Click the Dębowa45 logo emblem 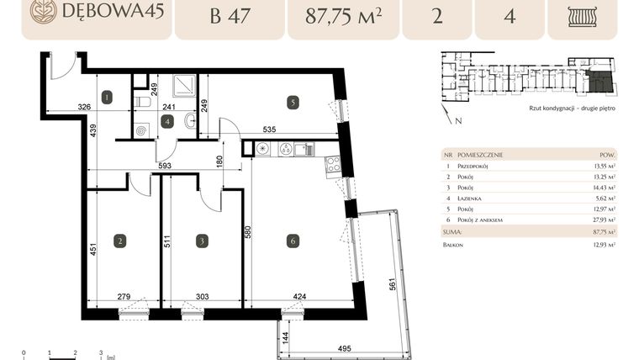[x=43, y=11]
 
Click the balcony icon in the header [x=582, y=16]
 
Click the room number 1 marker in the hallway [x=107, y=98]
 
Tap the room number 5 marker [x=292, y=103]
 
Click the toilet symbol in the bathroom [x=143, y=103]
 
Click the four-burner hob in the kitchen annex [x=332, y=163]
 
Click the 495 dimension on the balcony [x=344, y=347]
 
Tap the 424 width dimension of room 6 [x=301, y=297]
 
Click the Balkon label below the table [x=452, y=244]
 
